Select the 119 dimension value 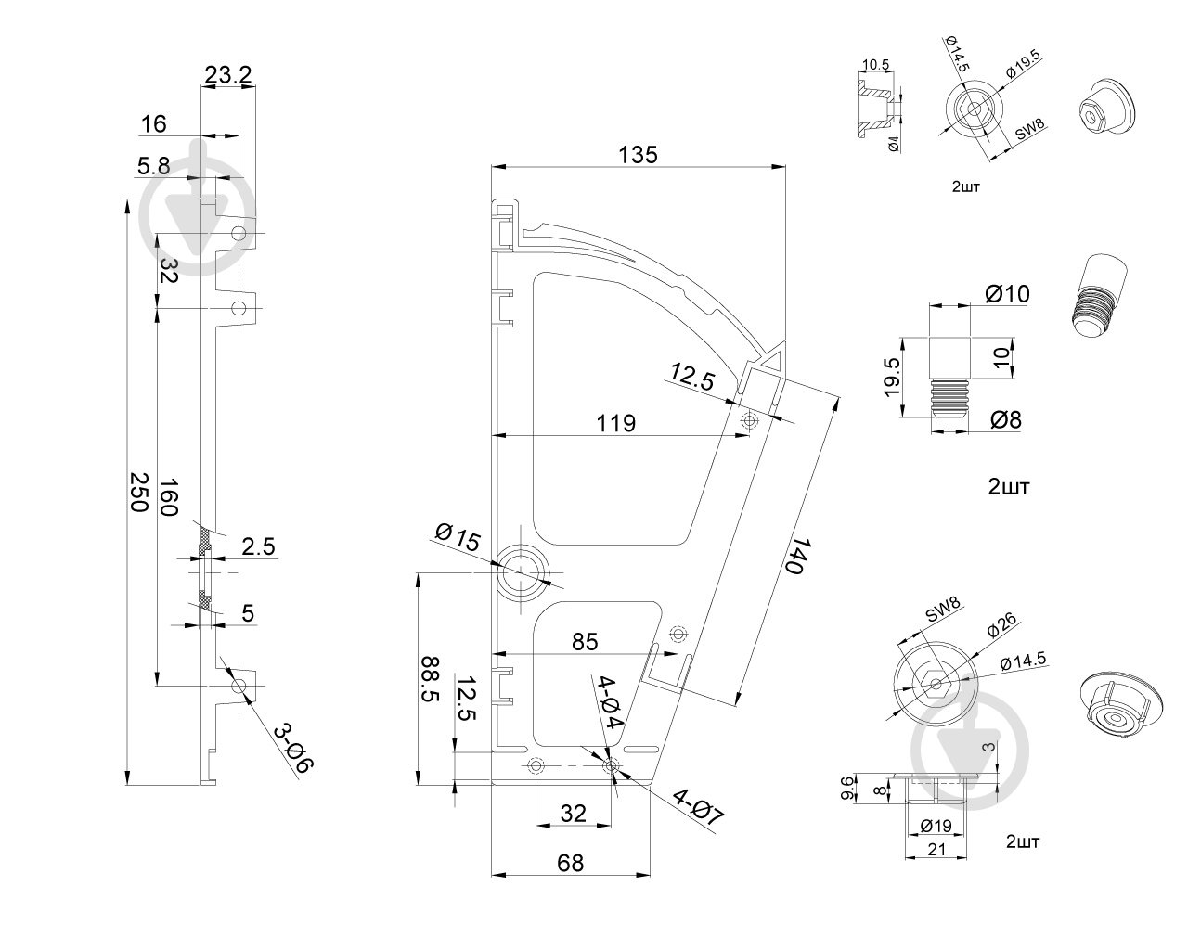click(x=616, y=424)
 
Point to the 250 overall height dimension click(x=138, y=492)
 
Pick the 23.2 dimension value click(x=228, y=75)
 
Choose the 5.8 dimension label click(x=153, y=165)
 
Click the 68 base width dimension click(x=570, y=863)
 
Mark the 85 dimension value click(x=585, y=641)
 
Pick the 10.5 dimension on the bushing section click(x=876, y=65)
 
